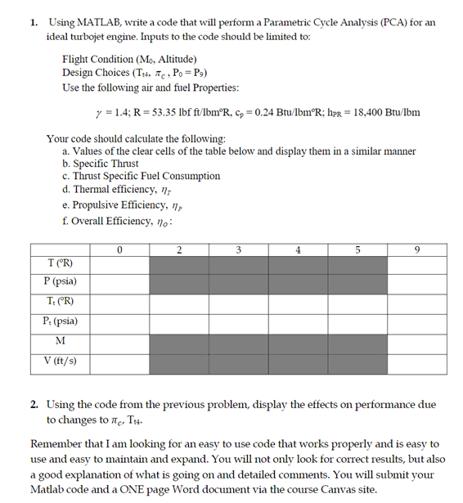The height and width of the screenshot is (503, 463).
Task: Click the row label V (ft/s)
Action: [x=60, y=361]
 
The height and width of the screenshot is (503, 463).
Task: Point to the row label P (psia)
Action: [x=60, y=282]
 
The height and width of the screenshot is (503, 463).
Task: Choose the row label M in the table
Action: [x=60, y=341]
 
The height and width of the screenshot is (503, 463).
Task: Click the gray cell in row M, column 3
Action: [x=238, y=341]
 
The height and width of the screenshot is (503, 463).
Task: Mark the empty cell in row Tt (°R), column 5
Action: [x=357, y=302]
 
